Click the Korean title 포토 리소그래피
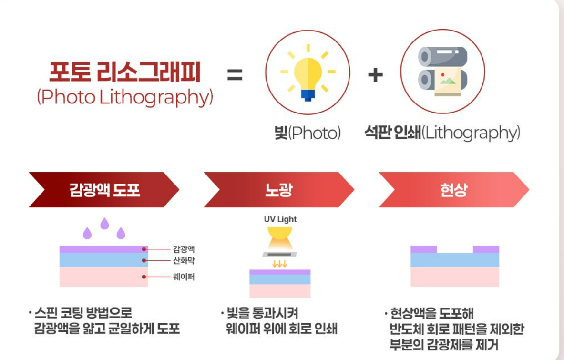point(125,72)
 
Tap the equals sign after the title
point(235,75)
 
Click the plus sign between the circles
point(376,75)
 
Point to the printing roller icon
point(442,72)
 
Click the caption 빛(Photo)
point(307,133)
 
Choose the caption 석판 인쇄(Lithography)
point(442,133)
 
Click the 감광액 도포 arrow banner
point(104,190)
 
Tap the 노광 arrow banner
point(279,190)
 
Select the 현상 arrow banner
point(454,190)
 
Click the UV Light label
point(280,219)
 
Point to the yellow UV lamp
point(280,238)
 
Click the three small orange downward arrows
point(279,264)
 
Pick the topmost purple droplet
point(105,223)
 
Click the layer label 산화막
point(184,260)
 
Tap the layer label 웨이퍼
point(184,277)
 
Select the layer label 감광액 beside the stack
point(184,249)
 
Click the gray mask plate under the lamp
point(280,254)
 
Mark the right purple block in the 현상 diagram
point(486,249)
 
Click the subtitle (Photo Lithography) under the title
point(125,97)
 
